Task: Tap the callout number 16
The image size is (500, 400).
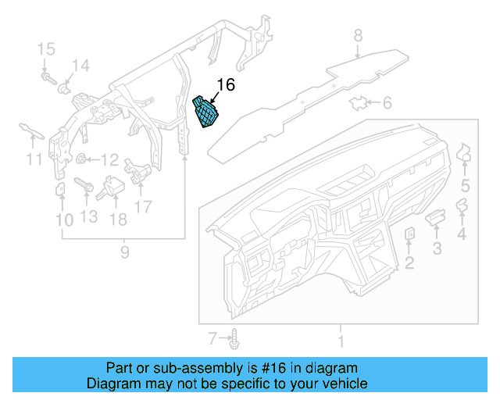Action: pos(226,85)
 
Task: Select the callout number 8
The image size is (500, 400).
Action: pos(358,35)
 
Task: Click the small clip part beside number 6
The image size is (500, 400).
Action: pos(360,102)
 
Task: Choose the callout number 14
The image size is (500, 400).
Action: pos(81,66)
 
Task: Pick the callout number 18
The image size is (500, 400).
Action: pos(117,220)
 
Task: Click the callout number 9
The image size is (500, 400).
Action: pos(123,252)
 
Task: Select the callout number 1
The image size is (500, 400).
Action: pos(339,341)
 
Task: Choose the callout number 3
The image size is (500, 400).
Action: pos(437,249)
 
